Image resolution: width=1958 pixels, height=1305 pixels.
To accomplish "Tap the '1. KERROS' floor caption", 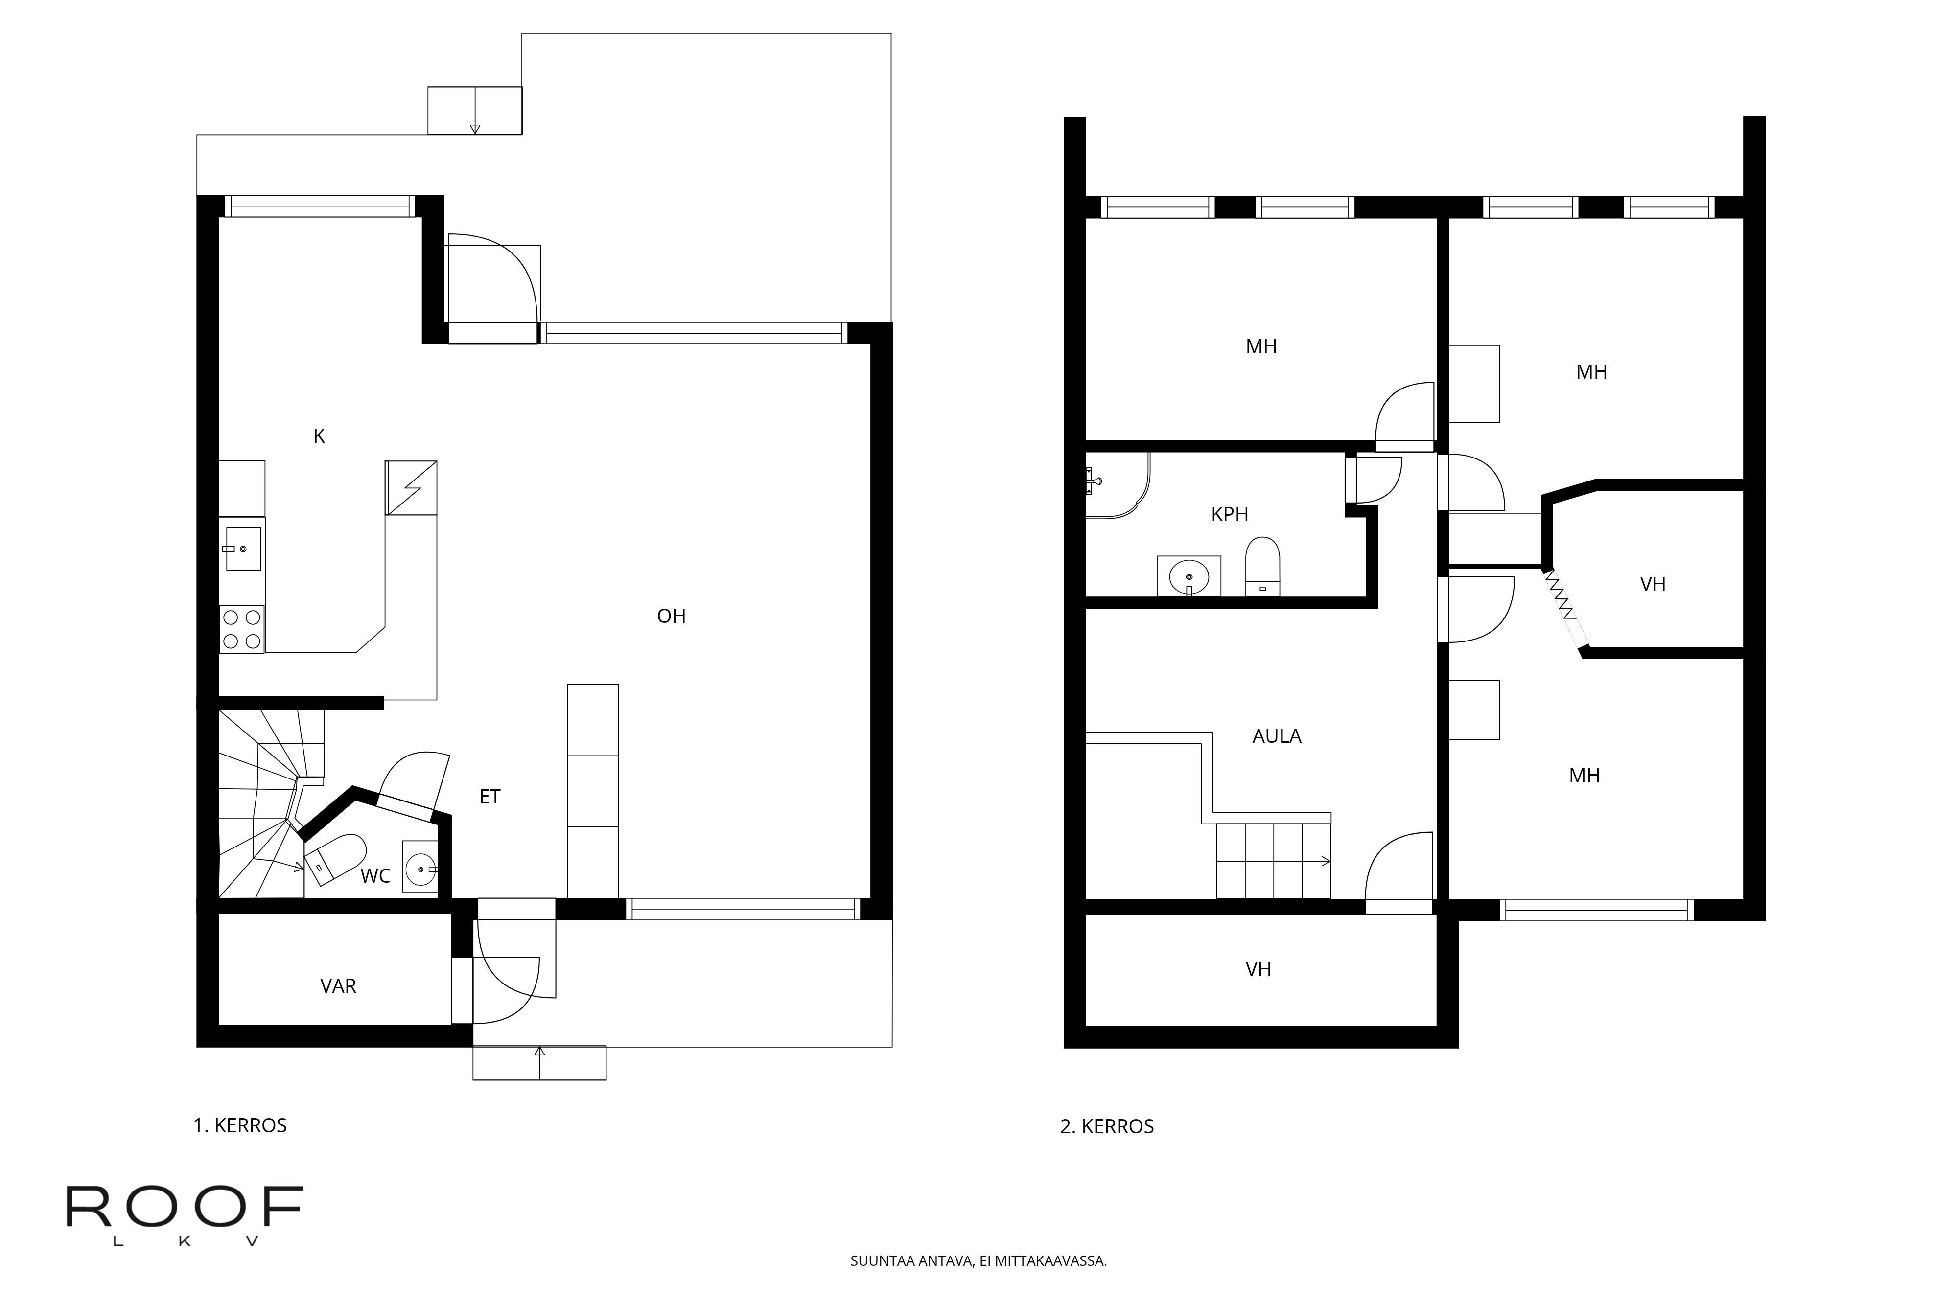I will pos(240,1126).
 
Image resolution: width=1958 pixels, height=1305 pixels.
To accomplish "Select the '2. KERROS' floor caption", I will pos(1106,1127).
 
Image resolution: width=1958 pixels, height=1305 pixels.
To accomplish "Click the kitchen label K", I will pos(319,436).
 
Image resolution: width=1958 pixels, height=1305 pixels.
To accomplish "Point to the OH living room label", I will pos(671,617).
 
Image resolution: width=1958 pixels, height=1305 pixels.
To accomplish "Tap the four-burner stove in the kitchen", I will pos(241,629).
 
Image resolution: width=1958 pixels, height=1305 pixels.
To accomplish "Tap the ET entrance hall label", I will pos(489,797).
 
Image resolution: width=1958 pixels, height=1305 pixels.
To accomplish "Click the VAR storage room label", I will pos(338,986).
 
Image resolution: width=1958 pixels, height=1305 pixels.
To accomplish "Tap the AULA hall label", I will pos(1276,736).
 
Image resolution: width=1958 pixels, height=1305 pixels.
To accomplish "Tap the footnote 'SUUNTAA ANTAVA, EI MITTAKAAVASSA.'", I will pos(978,1261).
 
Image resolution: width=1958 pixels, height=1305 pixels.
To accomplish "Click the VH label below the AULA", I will pos(1258,970).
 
